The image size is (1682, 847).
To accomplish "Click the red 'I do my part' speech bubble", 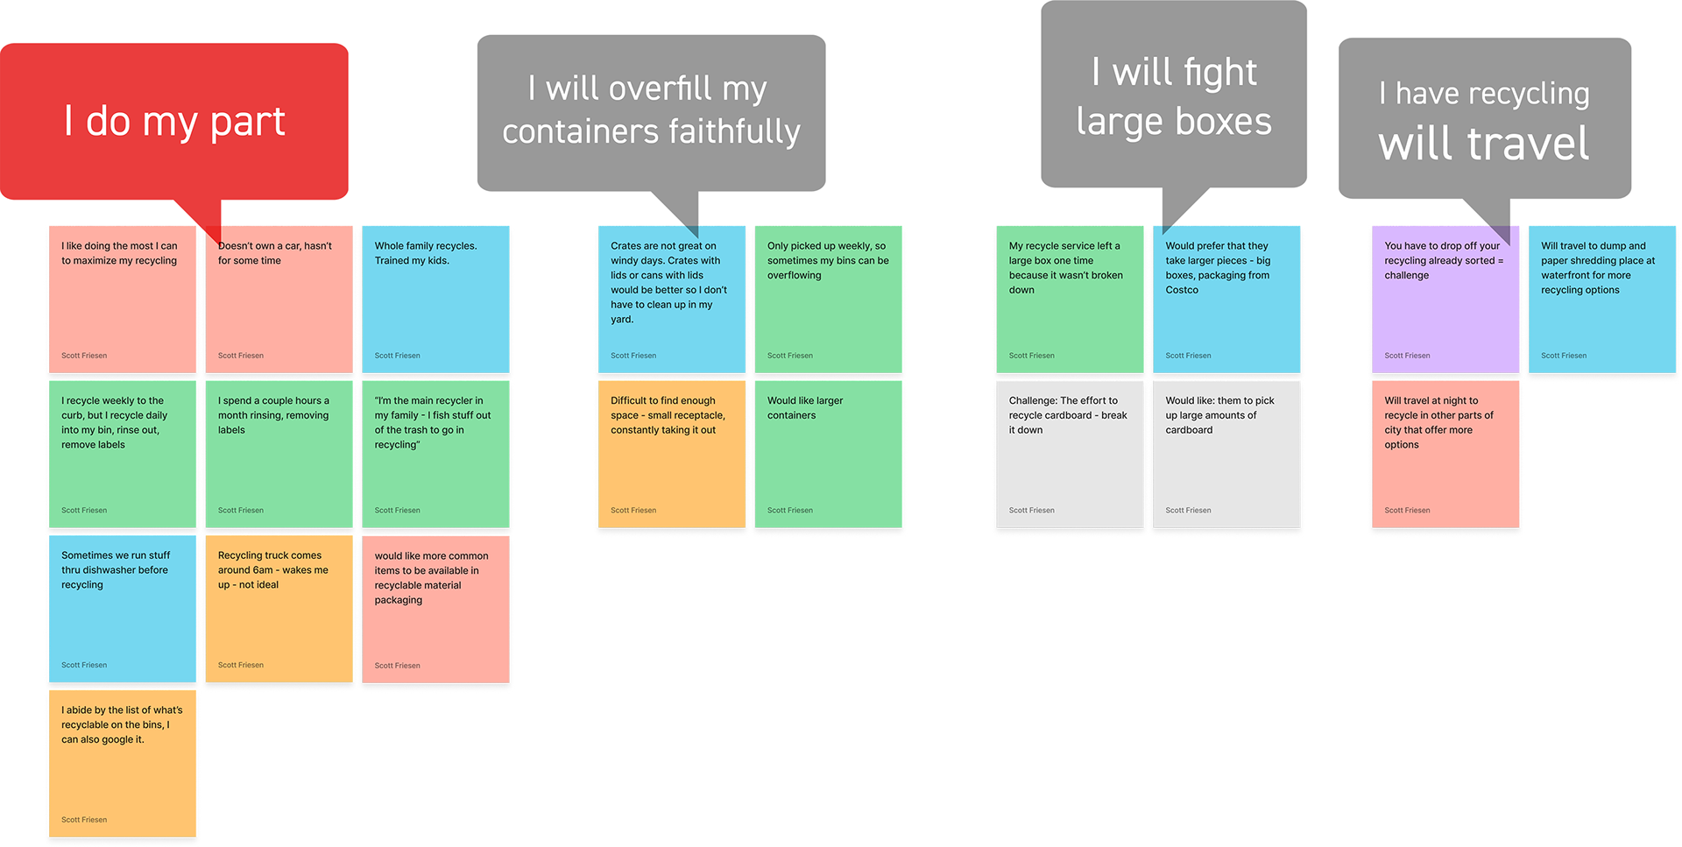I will click(174, 121).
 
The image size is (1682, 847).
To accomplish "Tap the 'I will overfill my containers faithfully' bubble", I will click(651, 112).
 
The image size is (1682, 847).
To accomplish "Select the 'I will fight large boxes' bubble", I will click(1174, 96).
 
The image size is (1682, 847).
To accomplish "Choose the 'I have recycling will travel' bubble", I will click(1484, 119).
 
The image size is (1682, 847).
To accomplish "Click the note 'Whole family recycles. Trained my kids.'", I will click(435, 299).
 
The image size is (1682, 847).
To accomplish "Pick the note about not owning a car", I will click(279, 299).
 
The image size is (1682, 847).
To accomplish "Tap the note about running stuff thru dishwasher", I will click(123, 609).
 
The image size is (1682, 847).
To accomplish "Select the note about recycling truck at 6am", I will click(279, 609).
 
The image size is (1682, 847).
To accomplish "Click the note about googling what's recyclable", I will click(123, 763).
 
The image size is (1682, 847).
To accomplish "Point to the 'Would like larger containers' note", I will click(829, 454).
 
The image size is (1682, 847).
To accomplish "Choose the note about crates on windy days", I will click(671, 299).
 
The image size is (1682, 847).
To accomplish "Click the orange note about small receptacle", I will click(671, 454).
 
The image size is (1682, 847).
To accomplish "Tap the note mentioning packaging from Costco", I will click(1226, 299).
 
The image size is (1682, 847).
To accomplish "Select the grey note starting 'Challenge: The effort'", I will click(1070, 454).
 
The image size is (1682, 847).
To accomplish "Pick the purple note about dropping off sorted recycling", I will click(1445, 299).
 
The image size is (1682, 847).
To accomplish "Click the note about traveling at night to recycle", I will click(1445, 454).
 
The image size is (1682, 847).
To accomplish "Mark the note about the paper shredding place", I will click(1602, 299).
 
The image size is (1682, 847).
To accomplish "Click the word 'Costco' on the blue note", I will click(1182, 290).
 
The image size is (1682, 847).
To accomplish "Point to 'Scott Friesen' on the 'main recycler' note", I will click(397, 511).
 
